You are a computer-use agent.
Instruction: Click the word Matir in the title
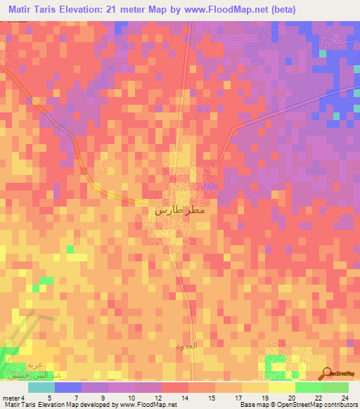pyautogui.click(x=23, y=9)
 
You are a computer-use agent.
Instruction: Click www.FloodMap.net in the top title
pyautogui.click(x=219, y=9)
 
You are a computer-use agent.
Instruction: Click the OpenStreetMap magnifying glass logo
pyautogui.click(x=328, y=374)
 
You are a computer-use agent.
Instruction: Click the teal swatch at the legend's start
pyautogui.click(x=41, y=387)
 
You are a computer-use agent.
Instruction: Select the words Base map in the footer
pyautogui.click(x=253, y=405)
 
